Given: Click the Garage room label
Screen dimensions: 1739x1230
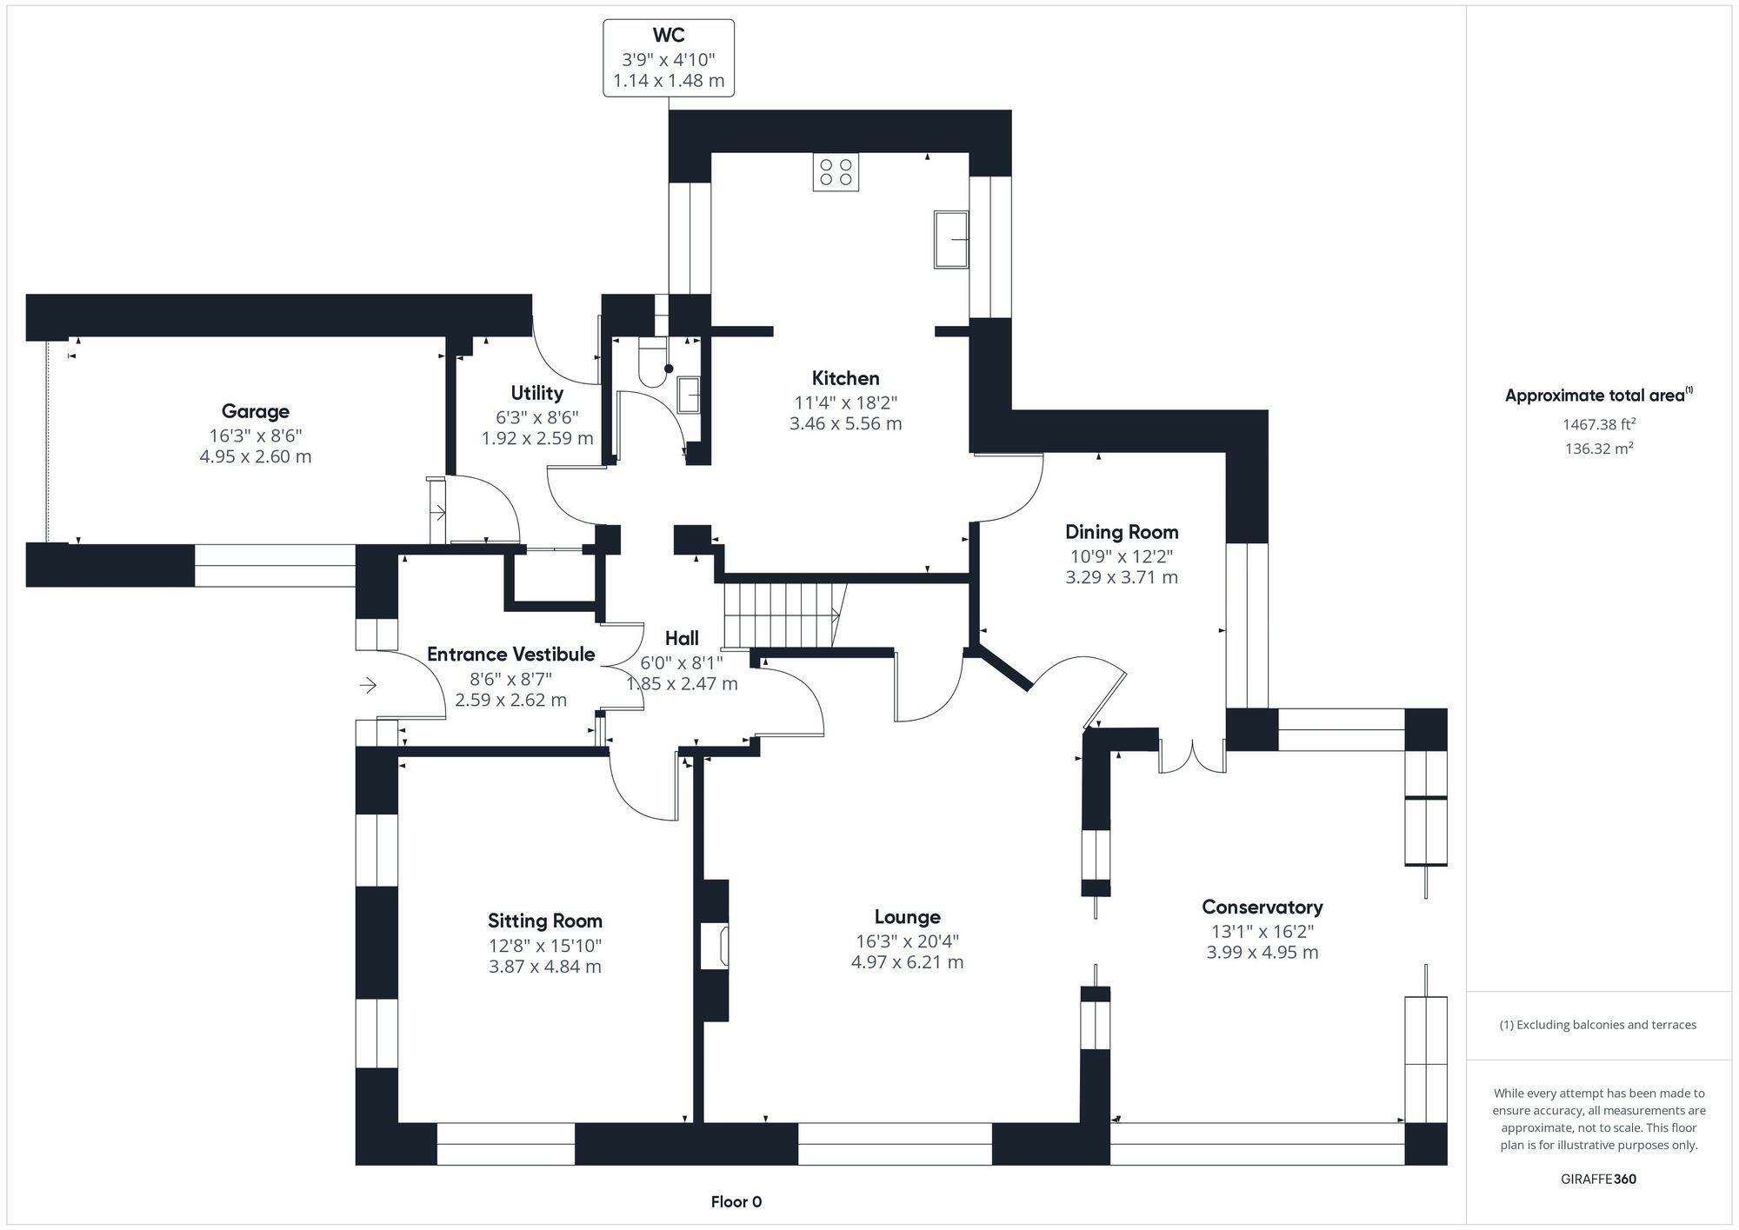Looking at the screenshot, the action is (255, 411).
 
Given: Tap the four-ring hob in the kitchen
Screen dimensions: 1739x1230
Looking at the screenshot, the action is (836, 172).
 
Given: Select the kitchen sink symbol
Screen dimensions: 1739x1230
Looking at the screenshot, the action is (951, 239).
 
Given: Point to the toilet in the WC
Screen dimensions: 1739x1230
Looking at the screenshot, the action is (652, 362).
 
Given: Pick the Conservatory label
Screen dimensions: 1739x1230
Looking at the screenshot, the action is (1262, 908).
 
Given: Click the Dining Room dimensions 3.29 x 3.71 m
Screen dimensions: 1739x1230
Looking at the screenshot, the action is (1121, 577).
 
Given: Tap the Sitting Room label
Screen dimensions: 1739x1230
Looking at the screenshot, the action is (544, 921).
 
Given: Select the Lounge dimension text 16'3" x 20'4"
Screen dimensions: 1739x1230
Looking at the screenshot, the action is (907, 941).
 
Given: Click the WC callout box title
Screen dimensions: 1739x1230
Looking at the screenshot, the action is (668, 36).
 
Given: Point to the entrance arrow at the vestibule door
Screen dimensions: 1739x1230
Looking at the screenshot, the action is (368, 686).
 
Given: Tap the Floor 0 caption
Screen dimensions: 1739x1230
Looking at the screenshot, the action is (736, 1202).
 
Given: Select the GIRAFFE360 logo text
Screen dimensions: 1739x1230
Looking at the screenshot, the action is (1598, 1180).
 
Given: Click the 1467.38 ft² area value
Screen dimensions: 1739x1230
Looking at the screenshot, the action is (1598, 424).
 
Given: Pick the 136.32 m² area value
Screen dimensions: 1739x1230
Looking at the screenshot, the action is (1598, 449).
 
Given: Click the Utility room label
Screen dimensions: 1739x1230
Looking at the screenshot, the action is (536, 393).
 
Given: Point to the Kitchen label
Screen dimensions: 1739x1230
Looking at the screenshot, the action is (845, 378).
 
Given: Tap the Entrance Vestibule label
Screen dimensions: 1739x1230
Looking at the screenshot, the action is (510, 655).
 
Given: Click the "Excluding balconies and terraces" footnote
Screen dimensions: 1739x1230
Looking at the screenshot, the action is (1597, 1025).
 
